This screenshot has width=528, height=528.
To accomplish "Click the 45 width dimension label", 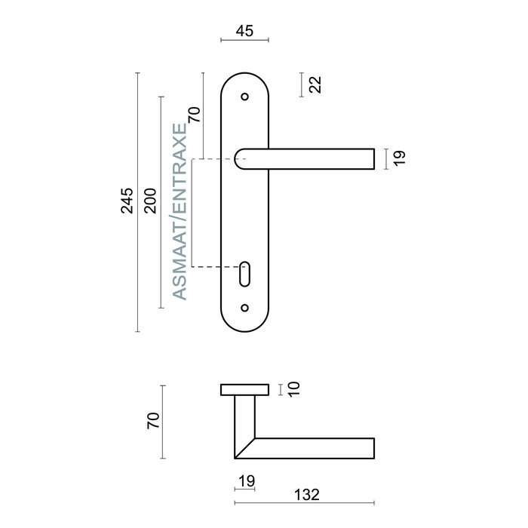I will pyautogui.click(x=244, y=31).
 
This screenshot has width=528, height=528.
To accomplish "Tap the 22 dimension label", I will pyautogui.click(x=315, y=84).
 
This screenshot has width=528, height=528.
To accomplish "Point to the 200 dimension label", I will pyautogui.click(x=150, y=201).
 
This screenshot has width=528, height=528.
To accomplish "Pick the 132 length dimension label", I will pyautogui.click(x=306, y=495).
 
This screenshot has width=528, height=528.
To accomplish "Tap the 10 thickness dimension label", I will pyautogui.click(x=294, y=388).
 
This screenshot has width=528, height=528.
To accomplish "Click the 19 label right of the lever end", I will pyautogui.click(x=400, y=158).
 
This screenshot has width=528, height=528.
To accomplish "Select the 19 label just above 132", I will pyautogui.click(x=246, y=480).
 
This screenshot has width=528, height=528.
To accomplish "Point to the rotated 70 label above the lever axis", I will pyautogui.click(x=194, y=115).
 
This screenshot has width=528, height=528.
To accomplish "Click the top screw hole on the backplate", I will pyautogui.click(x=244, y=97).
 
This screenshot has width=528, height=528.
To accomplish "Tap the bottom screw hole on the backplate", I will pyautogui.click(x=244, y=307).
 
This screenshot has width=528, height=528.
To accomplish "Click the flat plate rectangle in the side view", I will pyautogui.click(x=244, y=389).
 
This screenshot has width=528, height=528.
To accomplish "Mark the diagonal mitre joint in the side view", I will pyautogui.click(x=244, y=448).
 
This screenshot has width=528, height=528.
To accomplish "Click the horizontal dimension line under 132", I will pyautogui.click(x=305, y=503).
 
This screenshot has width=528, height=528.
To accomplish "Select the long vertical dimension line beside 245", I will pyautogui.click(x=137, y=201).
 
